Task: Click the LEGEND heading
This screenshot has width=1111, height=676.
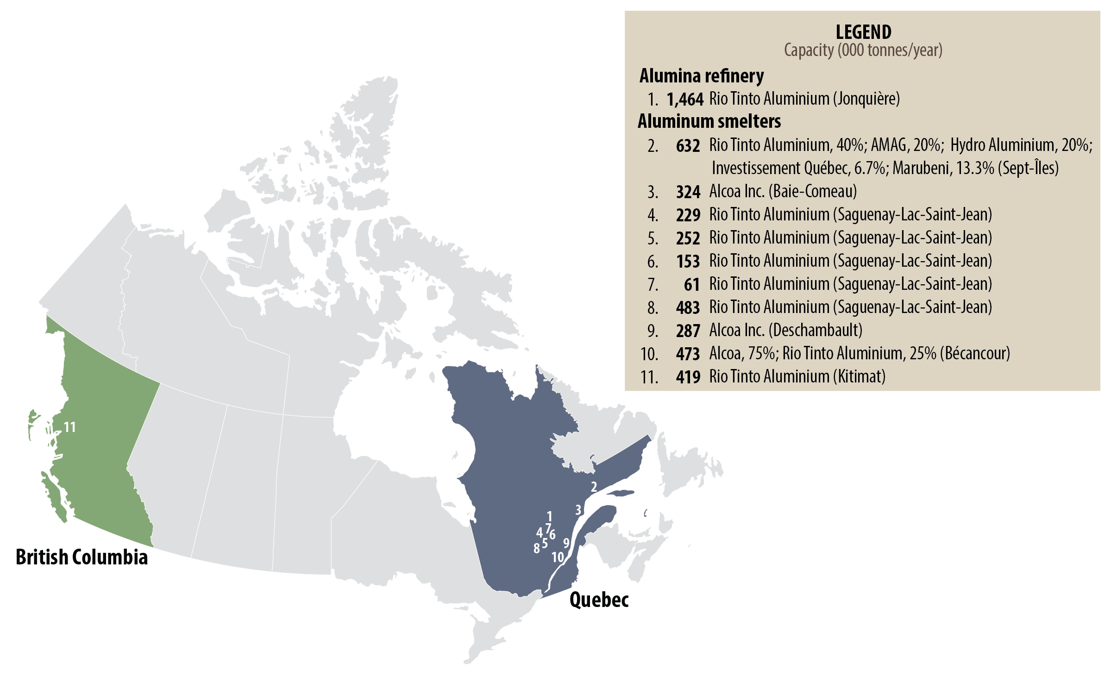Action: pos(863,32)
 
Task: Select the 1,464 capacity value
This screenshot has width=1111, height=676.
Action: pos(685,99)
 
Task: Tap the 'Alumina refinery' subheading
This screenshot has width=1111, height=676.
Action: pos(702,76)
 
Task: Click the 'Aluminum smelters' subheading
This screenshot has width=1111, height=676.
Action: pos(709,121)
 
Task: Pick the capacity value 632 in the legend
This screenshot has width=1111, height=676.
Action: pos(688,146)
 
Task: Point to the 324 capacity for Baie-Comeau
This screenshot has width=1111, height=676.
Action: pos(688,192)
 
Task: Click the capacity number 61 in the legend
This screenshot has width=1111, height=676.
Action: pos(691,285)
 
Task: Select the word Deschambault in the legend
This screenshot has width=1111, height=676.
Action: pos(816,331)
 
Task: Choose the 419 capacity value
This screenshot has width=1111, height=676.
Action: pos(688,377)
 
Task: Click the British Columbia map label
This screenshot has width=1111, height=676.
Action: pos(82,557)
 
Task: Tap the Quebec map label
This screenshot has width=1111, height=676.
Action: pos(599,600)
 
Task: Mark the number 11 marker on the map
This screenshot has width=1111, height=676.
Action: pos(69,427)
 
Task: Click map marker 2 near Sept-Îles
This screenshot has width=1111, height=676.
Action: pos(594,487)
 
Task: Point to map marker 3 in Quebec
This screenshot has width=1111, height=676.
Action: pos(578,510)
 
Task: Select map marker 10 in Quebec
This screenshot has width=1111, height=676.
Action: pos(558,557)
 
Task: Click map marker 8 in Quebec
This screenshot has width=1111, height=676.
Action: pos(536,549)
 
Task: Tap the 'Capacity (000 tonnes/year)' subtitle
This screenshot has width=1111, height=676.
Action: pos(863,50)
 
